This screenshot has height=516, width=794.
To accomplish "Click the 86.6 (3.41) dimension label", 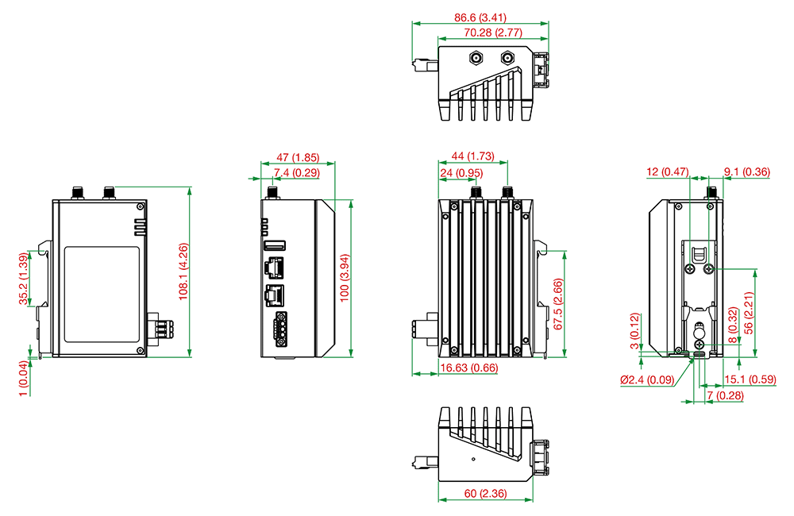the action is (480, 17).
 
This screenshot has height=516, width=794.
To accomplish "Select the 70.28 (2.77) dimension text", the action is (493, 33).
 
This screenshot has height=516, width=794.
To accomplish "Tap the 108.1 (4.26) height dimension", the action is (183, 272).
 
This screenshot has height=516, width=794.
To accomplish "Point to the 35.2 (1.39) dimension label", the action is (24, 279).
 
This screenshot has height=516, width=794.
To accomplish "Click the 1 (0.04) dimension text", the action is (24, 379).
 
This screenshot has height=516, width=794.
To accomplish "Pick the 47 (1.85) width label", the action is (298, 157).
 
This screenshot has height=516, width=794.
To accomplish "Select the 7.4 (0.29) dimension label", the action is (297, 173).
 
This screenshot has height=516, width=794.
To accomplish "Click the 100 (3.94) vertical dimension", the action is (345, 278).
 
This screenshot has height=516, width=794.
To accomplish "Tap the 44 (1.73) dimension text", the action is (473, 156).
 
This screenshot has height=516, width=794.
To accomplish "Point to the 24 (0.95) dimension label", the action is (461, 173).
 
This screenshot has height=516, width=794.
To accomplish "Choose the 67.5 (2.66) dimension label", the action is (558, 304).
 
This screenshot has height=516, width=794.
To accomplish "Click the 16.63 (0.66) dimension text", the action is (469, 368).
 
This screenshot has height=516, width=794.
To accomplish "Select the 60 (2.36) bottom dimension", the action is (485, 493).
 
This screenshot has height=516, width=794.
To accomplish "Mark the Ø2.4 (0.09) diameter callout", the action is (647, 379).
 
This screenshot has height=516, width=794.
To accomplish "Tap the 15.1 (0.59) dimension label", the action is (750, 379).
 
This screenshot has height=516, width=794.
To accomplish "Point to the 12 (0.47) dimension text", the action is (668, 171).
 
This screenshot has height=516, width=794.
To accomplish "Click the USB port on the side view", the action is (275, 245).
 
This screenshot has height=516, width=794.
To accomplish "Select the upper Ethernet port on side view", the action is (274, 268).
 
